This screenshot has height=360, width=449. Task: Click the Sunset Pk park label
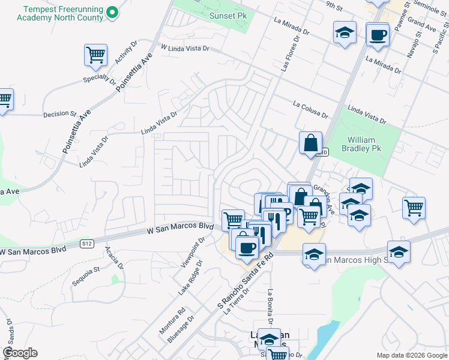point(228,16)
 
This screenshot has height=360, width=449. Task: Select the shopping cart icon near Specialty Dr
point(95,56)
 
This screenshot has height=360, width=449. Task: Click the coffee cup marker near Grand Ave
point(377,35)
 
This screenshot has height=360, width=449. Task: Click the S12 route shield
point(88,243)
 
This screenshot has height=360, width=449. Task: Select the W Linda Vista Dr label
point(185,47)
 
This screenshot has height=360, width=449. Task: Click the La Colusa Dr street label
point(310,109)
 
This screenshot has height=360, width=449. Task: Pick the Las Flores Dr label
point(289,53)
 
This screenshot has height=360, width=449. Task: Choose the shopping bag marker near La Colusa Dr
point(310,143)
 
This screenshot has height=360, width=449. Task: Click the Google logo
point(20,353)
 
